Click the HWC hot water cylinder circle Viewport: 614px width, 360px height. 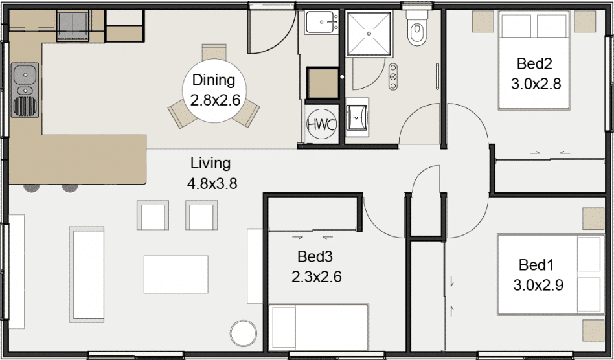point(321,125)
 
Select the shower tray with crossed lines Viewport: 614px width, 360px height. point(369,34)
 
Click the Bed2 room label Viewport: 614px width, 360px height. point(534,63)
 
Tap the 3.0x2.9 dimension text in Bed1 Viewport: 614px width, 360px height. point(538,286)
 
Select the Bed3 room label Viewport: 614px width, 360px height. point(315,256)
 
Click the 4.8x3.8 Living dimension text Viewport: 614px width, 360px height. point(212,183)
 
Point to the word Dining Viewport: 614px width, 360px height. point(214,80)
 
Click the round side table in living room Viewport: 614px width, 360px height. point(243,334)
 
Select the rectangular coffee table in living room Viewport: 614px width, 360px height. point(176,275)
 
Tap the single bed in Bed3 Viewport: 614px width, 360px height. point(319,327)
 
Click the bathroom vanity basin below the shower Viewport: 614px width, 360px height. point(357,117)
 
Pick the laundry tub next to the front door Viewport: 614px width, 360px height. point(322,22)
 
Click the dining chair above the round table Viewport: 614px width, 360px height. point(214,52)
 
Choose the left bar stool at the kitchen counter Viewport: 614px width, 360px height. point(31,188)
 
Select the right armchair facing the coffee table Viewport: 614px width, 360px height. point(201,215)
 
